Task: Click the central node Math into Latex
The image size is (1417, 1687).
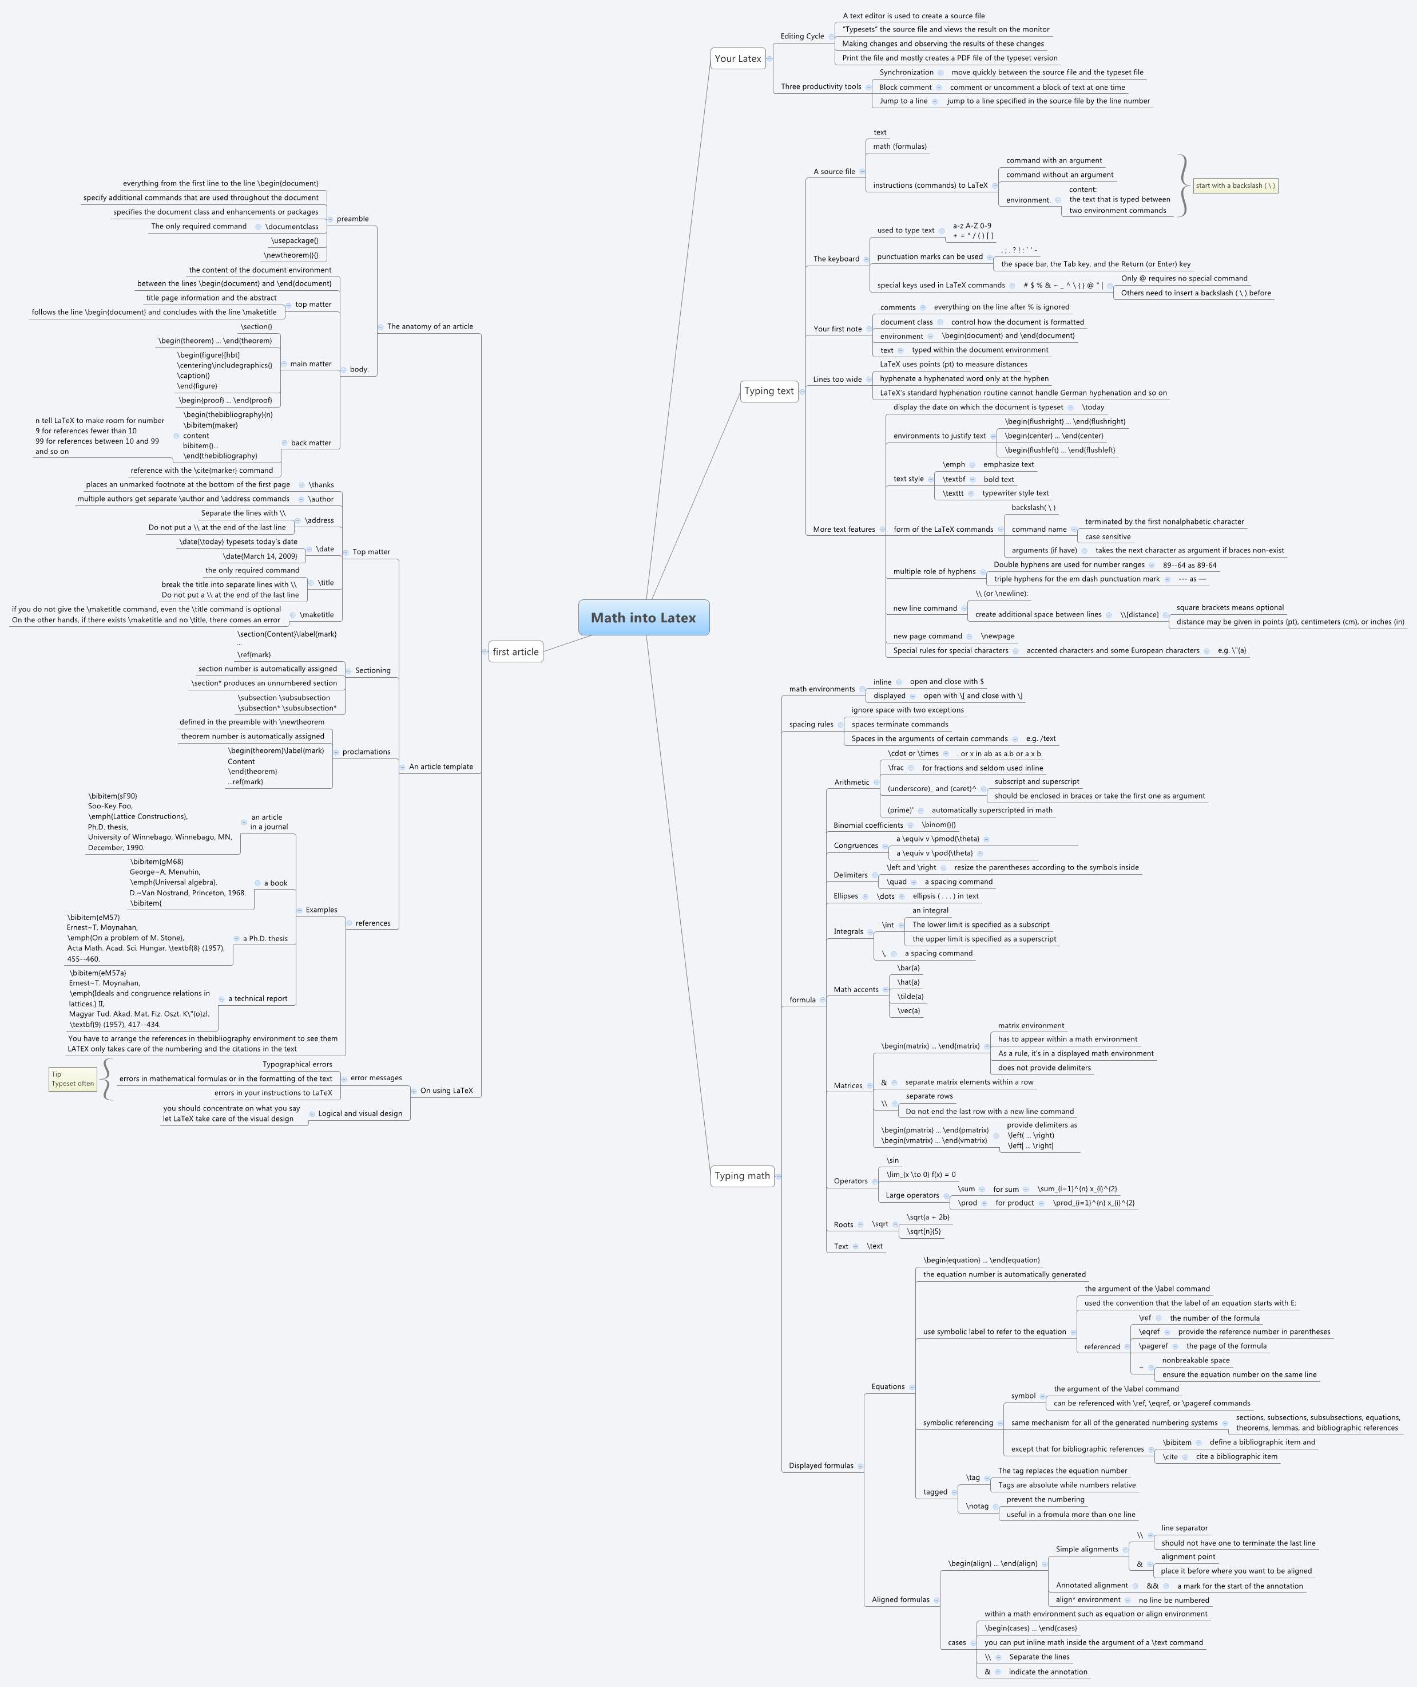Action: coord(644,617)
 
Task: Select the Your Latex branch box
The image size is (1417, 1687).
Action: coord(738,58)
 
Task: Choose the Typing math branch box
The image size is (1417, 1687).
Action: coord(742,1176)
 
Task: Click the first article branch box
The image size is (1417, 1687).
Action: coord(515,652)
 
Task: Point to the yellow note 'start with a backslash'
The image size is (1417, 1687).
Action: coord(1236,185)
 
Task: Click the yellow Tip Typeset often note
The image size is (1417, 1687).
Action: coord(72,1078)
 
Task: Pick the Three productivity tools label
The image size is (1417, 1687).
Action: coord(821,87)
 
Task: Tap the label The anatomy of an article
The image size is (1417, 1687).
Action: coord(430,326)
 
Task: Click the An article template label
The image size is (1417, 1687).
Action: coord(441,767)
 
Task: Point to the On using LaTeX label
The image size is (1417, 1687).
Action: coord(447,1091)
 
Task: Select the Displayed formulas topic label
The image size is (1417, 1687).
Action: coord(821,1466)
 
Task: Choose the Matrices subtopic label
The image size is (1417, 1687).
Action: coord(847,1086)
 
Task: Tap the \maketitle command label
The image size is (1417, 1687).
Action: coord(316,615)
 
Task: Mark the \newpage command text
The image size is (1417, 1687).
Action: coord(998,637)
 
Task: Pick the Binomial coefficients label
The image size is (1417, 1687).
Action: coord(868,825)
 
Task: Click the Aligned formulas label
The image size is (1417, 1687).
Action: coord(900,1599)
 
